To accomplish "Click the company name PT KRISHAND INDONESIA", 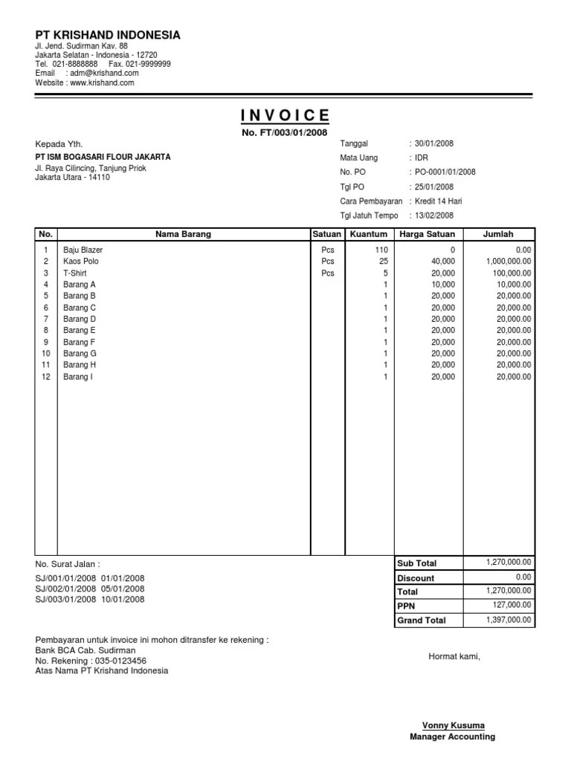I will [108, 35].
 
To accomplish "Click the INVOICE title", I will [285, 114].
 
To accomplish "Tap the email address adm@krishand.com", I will [103, 74].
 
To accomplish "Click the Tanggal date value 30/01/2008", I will [434, 143].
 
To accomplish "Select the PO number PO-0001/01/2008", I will [445, 172].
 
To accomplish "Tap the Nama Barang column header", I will [183, 234].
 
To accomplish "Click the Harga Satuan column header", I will [427, 234].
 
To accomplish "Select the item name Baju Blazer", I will [83, 250].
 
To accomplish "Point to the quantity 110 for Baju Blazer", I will [381, 250].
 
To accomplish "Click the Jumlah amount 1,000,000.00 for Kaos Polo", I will [509, 262].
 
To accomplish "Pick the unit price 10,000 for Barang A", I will [443, 285].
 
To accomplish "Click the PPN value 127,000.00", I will [512, 605].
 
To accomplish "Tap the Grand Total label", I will [422, 620].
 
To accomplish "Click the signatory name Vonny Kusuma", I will [452, 725].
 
